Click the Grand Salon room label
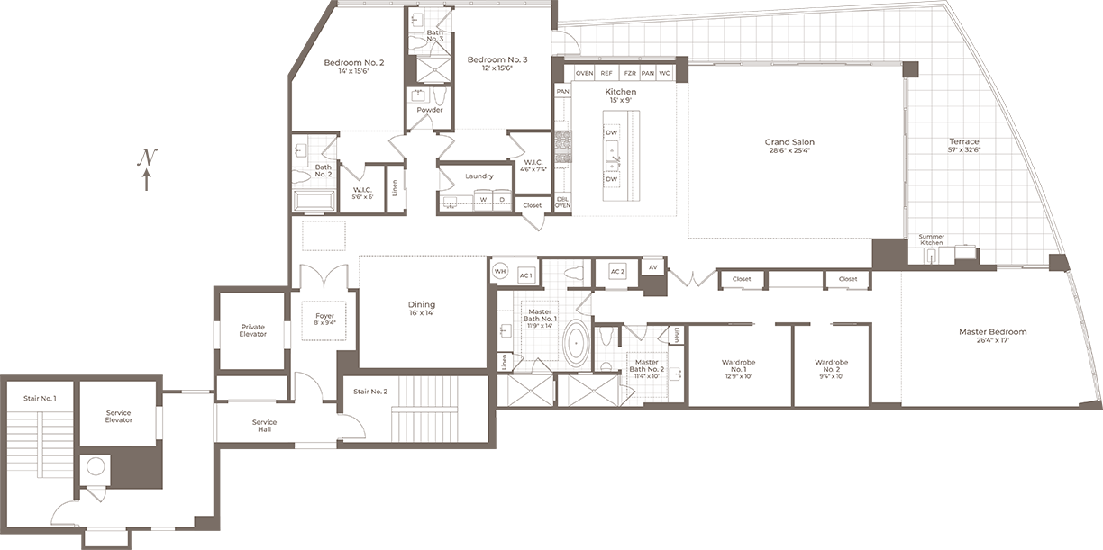point(789,142)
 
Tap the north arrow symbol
point(147,169)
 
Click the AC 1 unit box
point(525,274)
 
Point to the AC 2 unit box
point(617,271)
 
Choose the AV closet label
point(652,267)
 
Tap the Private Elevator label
point(252,330)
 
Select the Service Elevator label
point(119,416)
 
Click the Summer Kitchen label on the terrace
point(931,239)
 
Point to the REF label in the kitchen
point(606,73)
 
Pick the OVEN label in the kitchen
point(584,73)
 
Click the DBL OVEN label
point(562,202)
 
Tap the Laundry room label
point(479,176)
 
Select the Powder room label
point(430,110)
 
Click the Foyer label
point(324,316)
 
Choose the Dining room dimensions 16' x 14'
point(422,314)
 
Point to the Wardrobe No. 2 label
point(831,362)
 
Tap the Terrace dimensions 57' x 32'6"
point(963,151)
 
